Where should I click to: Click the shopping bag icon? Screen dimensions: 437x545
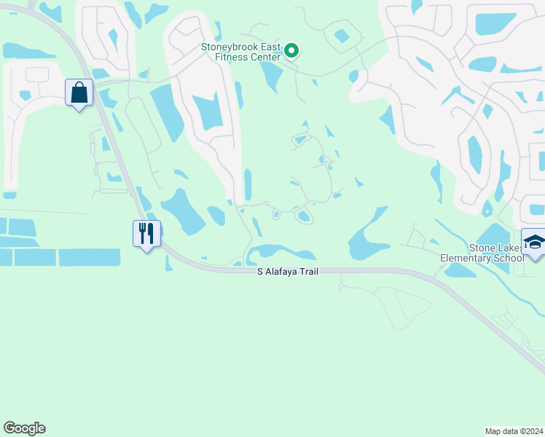click(79, 93)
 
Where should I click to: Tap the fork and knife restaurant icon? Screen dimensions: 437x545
click(146, 233)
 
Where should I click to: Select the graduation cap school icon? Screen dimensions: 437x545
click(534, 241)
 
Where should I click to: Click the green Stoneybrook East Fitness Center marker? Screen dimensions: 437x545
click(291, 50)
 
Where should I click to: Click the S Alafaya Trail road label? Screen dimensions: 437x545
click(288, 271)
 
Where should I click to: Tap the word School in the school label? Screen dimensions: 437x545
click(509, 258)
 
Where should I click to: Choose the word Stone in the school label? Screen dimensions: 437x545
click(482, 248)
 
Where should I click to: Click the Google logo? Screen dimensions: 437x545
click(24, 428)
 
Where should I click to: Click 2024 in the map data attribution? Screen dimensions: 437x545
click(533, 430)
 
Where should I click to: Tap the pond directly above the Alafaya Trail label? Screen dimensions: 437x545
click(281, 252)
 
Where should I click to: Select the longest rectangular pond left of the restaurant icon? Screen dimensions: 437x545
click(90, 257)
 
